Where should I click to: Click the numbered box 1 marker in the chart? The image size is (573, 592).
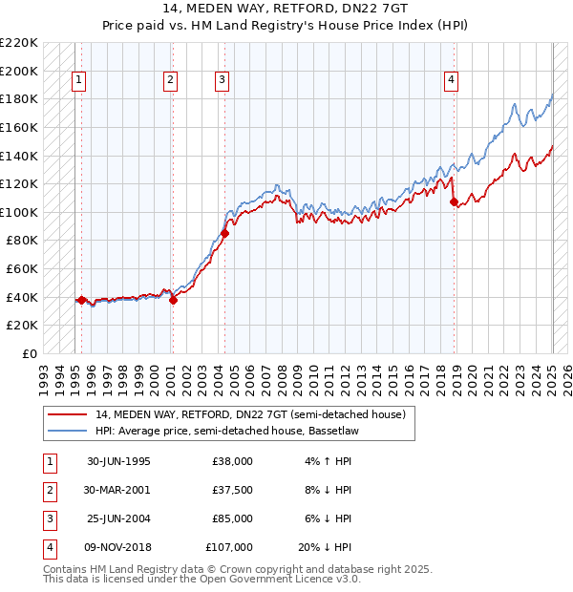[77, 81]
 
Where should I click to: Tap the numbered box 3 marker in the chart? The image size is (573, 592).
[221, 81]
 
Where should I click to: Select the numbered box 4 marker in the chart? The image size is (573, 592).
[450, 81]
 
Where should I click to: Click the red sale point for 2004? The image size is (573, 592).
[225, 233]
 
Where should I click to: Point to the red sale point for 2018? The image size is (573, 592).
[455, 201]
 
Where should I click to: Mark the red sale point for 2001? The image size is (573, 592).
[174, 300]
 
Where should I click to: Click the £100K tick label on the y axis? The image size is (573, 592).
[20, 212]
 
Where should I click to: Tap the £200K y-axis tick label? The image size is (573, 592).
[20, 71]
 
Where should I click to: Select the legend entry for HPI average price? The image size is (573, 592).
[225, 431]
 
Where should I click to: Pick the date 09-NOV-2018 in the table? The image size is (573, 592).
[119, 547]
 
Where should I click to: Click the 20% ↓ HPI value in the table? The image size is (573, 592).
[325, 547]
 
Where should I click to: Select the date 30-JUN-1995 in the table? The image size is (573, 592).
[118, 461]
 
